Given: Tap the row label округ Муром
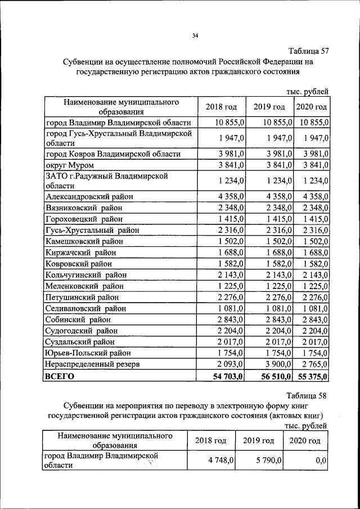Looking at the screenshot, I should click(69, 165).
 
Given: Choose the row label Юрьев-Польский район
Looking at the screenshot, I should click(88, 353).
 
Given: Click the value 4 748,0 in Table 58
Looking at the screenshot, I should click(220, 460).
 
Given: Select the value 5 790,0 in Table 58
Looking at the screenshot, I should click(268, 460).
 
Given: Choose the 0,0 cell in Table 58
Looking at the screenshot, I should click(321, 460).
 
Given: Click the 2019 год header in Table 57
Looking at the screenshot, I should click(269, 107).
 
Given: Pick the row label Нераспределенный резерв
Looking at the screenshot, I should click(92, 364).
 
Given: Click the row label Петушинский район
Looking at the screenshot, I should click(82, 297).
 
